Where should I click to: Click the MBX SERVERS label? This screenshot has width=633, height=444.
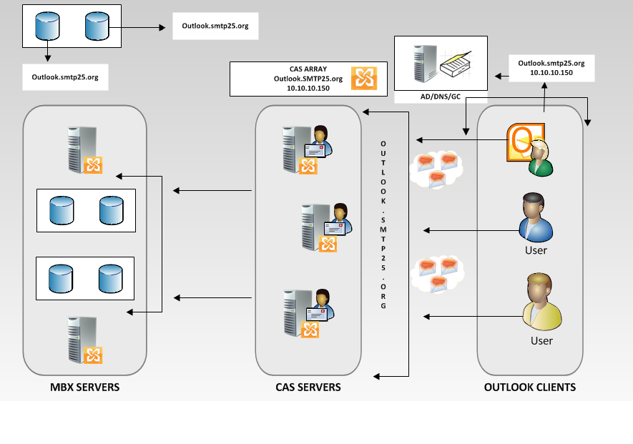coord(85,387)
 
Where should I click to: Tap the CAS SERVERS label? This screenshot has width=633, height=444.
coord(308,387)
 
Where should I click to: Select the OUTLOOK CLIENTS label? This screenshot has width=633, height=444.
coord(530,387)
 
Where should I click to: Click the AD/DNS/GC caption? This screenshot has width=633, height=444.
coord(441,97)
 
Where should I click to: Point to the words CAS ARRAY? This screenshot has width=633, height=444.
coord(308,69)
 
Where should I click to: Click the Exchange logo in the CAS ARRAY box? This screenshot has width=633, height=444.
coord(364,79)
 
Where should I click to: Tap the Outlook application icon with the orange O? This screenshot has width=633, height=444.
coord(525,142)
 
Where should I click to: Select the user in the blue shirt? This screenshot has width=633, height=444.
coord(535,217)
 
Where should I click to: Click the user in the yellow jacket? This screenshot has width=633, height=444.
coord(541,301)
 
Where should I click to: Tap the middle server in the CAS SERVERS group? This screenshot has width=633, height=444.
coord(326,227)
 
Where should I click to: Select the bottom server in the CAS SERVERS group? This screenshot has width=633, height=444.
coord(309,313)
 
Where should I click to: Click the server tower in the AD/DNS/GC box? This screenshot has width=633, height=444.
coord(425,64)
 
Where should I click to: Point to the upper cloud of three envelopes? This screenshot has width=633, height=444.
coord(436,169)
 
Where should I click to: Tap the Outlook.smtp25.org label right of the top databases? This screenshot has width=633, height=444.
coord(215,26)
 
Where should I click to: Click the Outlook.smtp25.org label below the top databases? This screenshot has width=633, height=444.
coord(65,77)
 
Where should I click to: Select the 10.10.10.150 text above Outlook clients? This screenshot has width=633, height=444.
coord(551,73)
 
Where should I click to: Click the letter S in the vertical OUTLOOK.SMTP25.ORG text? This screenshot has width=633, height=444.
coord(383,220)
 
